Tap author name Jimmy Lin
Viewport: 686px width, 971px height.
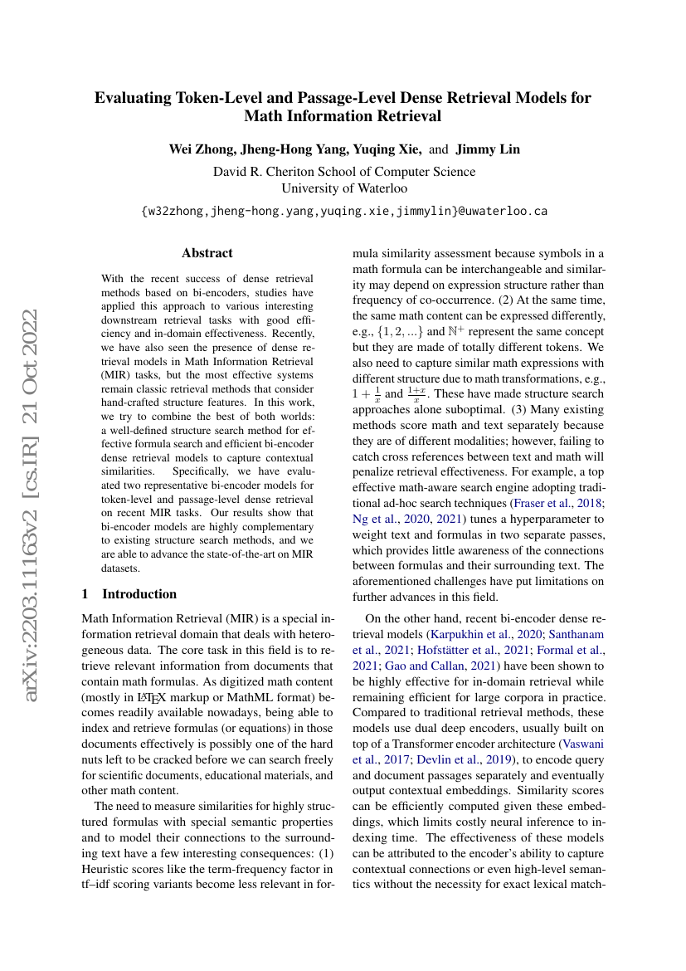(x=488, y=149)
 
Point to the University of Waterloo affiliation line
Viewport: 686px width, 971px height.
(x=344, y=188)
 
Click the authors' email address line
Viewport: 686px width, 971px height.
(x=344, y=212)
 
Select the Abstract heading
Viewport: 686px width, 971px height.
(x=207, y=253)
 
